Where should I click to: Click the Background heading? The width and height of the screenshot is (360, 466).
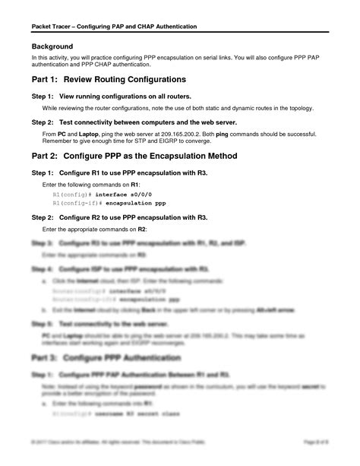click(x=52, y=46)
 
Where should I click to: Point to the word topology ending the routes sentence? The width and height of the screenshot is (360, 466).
click(x=298, y=108)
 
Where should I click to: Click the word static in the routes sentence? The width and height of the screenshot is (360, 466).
click(x=214, y=108)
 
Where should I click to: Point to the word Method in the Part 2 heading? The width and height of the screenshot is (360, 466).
click(x=219, y=157)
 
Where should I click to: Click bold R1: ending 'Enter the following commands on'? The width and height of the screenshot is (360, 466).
click(x=134, y=185)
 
